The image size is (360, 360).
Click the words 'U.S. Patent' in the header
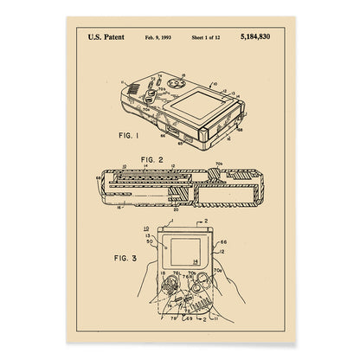point(105,37)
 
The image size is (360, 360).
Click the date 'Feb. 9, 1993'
point(158,37)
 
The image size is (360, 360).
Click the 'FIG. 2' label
point(151,158)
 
